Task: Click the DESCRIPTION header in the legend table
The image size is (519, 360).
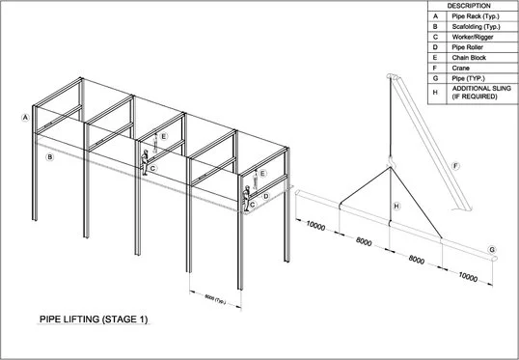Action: (x=469, y=6)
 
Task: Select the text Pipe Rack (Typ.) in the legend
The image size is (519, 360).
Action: (x=467, y=16)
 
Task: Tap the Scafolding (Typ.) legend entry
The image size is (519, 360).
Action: (x=468, y=29)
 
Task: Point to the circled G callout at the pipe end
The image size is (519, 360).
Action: (x=492, y=251)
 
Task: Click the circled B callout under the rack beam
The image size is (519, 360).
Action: (x=50, y=156)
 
